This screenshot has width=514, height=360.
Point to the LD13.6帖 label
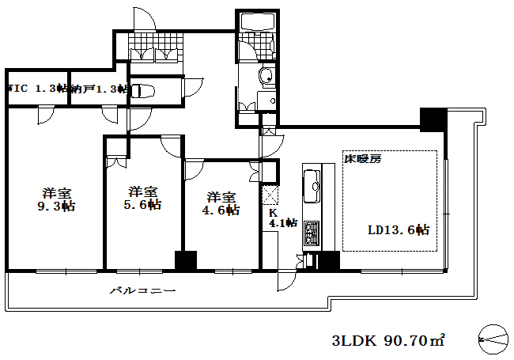coord(399,230)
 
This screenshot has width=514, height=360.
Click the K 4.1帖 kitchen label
coord(282,218)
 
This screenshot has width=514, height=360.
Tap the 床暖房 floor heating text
coord(362,158)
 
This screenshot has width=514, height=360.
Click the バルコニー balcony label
coord(142,290)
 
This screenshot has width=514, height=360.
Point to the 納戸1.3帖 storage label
coord(100,89)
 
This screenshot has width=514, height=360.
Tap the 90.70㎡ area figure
coord(414,341)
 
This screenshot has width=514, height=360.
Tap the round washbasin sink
coord(266,76)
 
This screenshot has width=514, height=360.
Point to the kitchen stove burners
coord(311,233)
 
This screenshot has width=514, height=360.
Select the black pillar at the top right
coord(433,119)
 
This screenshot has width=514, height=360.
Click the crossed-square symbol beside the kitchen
coord(270,195)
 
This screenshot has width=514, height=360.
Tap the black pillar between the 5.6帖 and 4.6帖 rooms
coord(185,262)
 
